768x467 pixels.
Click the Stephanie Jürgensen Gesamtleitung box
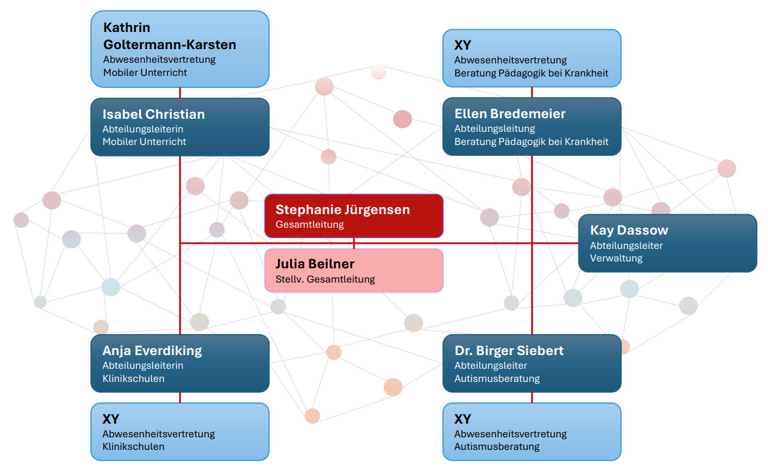click(x=353, y=216)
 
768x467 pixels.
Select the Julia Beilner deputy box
click(x=353, y=271)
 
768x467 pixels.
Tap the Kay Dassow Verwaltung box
click(x=668, y=243)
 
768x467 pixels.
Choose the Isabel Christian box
click(x=179, y=127)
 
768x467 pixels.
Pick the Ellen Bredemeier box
click(x=532, y=126)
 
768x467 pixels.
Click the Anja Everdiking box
click(x=179, y=363)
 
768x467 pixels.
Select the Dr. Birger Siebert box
click(x=532, y=363)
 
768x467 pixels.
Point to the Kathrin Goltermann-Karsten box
click(x=179, y=49)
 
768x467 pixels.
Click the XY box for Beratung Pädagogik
click(x=532, y=58)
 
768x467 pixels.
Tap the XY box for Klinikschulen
click(x=179, y=432)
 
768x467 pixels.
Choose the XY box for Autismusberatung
click(x=532, y=432)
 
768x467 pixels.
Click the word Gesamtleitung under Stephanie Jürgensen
click(x=309, y=224)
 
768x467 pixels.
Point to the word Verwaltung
click(x=616, y=258)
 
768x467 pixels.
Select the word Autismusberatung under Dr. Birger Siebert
click(x=497, y=379)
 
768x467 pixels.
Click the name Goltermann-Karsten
click(x=170, y=45)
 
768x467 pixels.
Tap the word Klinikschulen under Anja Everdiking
click(x=133, y=379)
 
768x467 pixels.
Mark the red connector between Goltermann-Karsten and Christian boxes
click(x=180, y=92)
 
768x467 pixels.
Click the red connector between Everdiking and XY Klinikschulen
click(x=180, y=397)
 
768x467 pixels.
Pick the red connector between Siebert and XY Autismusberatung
click(x=532, y=397)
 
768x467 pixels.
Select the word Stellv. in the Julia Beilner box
click(x=288, y=279)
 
